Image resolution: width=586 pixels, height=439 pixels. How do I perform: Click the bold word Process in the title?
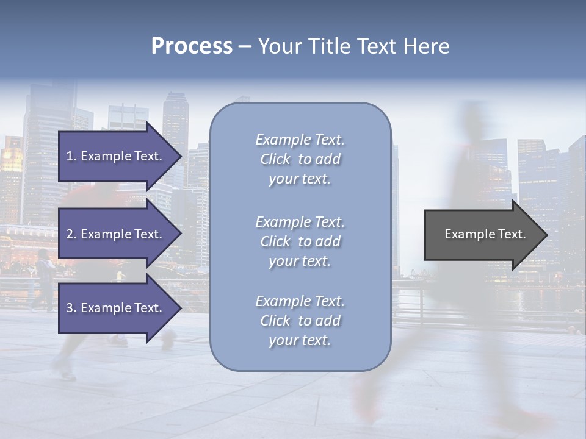pyautogui.click(x=192, y=46)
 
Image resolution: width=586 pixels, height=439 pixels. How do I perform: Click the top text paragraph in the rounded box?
pyautogui.click(x=300, y=159)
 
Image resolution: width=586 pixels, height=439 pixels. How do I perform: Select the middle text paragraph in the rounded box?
pyautogui.click(x=300, y=241)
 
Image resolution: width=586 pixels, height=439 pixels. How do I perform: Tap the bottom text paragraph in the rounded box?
pyautogui.click(x=300, y=321)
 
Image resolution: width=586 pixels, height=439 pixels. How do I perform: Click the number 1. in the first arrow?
pyautogui.click(x=71, y=156)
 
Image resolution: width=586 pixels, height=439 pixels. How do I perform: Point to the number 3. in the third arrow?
pyautogui.click(x=71, y=308)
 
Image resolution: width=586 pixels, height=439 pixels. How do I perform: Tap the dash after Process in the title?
pyautogui.click(x=245, y=46)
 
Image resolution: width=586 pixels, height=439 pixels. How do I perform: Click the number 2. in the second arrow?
pyautogui.click(x=71, y=234)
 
